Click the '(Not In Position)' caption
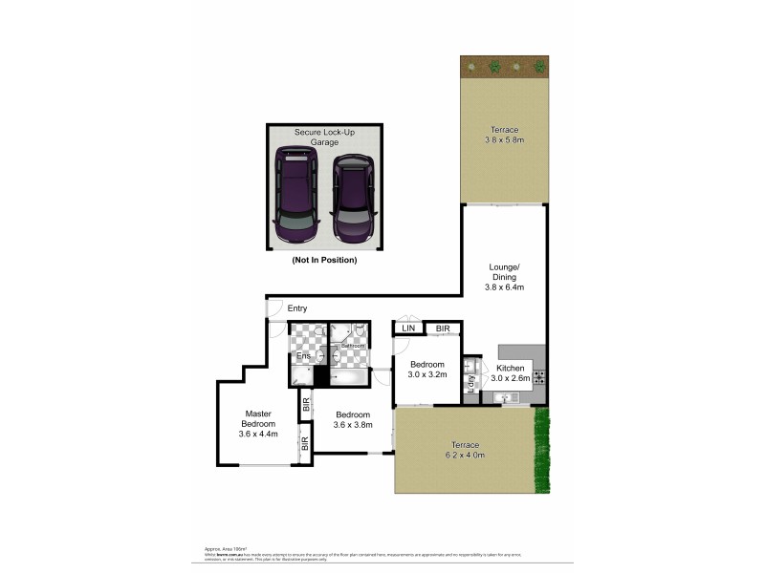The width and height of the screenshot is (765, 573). (324, 259)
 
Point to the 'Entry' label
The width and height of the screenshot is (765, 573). (297, 308)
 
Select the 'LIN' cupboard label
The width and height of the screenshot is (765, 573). (409, 329)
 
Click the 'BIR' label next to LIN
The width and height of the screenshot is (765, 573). (442, 329)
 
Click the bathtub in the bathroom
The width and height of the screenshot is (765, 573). (348, 377)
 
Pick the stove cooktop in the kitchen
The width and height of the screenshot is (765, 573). (538, 375)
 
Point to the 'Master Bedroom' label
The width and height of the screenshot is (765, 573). (257, 419)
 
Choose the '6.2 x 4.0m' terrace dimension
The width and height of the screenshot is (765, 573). (466, 456)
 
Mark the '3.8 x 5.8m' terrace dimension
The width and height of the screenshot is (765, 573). (504, 140)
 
